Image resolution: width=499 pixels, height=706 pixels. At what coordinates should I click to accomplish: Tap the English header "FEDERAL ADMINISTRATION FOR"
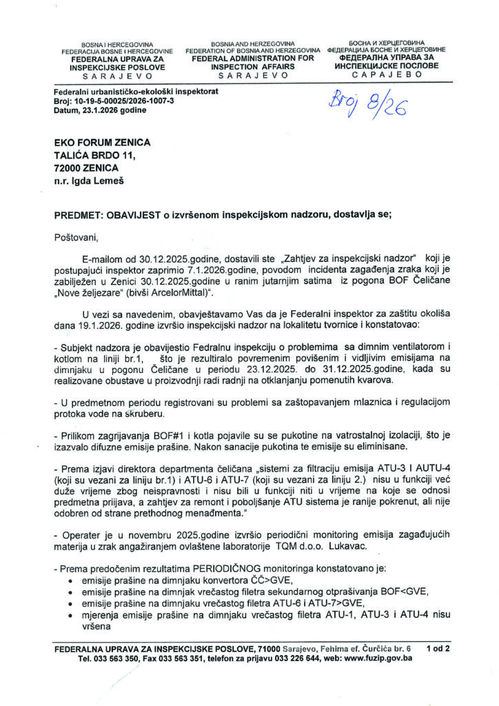coord(252,59)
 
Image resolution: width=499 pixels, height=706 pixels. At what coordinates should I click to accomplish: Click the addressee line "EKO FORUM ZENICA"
coord(101,142)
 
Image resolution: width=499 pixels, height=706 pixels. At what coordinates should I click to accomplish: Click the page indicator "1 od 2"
coord(438,649)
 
